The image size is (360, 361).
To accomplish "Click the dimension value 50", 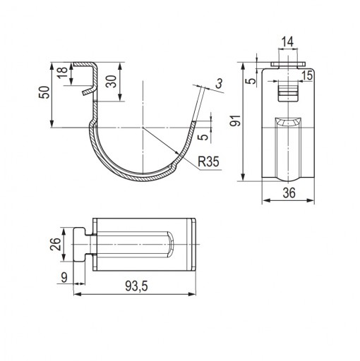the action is [x=44, y=92].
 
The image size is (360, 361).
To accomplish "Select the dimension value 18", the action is [x=63, y=73].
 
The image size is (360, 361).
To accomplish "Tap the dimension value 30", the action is [x=111, y=81].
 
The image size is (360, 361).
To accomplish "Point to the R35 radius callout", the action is [x=208, y=161].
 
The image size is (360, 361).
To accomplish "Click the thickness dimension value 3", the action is [x=220, y=83].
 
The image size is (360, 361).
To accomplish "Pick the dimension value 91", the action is [x=235, y=121].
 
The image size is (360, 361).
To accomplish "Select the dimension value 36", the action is [x=289, y=193].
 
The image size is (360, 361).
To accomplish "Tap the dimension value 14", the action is [x=287, y=42].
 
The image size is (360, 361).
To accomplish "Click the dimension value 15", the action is [x=307, y=75].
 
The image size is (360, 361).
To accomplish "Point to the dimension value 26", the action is [x=56, y=244].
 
